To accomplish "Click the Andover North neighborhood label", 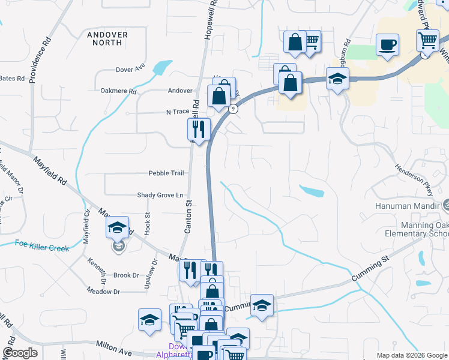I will [x=107, y=39].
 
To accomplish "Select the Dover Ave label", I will [x=130, y=66].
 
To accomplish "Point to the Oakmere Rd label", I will [x=119, y=92].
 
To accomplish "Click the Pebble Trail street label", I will [x=166, y=173].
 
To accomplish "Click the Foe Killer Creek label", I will [x=42, y=244].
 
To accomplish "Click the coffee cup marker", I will [x=387, y=44].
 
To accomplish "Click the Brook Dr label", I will [x=126, y=275].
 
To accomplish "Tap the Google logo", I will [x=20, y=353].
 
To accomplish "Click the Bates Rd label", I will [x=12, y=79].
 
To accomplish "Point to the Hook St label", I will [x=147, y=223].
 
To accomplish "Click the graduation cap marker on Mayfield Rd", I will [x=118, y=228].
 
